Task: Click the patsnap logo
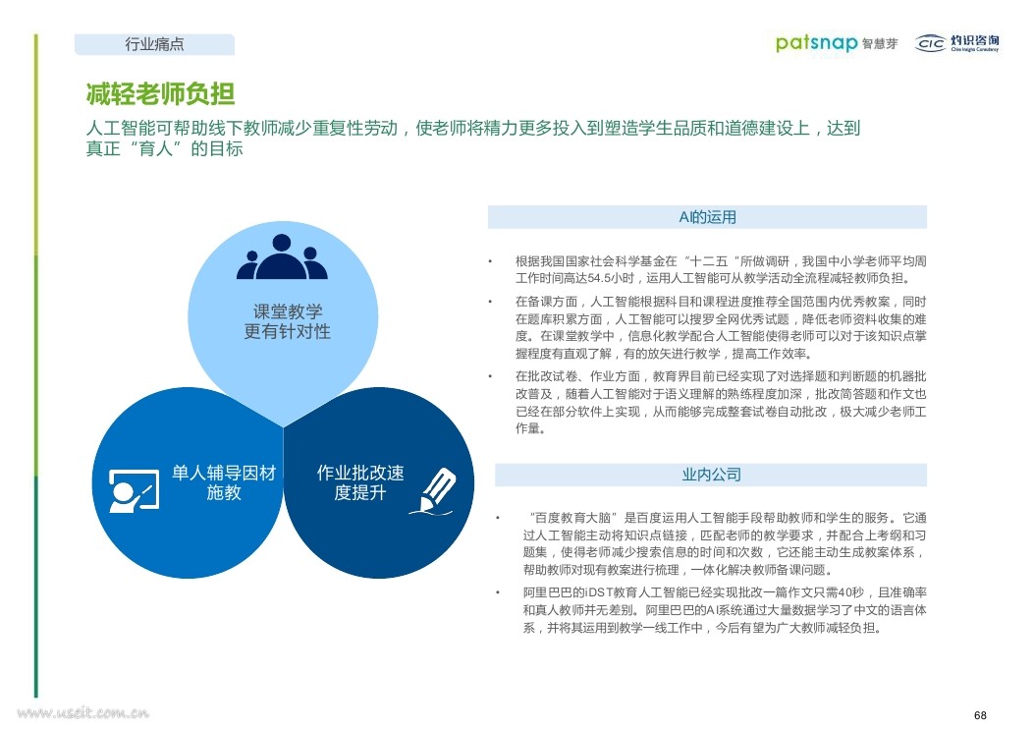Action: coord(816,43)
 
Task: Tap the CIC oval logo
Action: coord(931,43)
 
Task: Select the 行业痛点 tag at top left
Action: coord(154,44)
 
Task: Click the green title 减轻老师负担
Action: coord(160,93)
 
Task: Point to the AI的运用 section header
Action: coord(707,217)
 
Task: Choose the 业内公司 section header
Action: coord(711,475)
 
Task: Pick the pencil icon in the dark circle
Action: coord(434,491)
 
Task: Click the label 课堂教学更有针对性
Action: coord(287,321)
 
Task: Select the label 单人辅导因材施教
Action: coord(224,482)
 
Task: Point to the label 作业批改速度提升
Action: coord(360,482)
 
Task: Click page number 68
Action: coord(980,715)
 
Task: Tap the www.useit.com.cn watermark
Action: coord(83,713)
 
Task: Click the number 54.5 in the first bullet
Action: coord(599,278)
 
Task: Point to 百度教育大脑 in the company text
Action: coord(573,517)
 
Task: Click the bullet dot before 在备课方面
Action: coord(490,302)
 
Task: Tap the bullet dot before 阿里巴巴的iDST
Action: coord(498,592)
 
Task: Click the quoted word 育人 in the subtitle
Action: coord(155,148)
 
